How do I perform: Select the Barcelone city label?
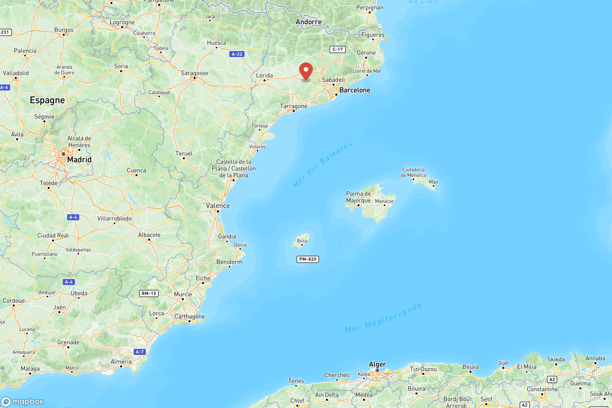pyautogui.click(x=355, y=90)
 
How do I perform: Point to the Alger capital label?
pyautogui.click(x=377, y=364)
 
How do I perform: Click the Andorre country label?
pyautogui.click(x=309, y=22)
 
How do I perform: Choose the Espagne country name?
pyautogui.click(x=47, y=100)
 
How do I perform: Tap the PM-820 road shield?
pyautogui.click(x=308, y=259)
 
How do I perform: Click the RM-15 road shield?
pyautogui.click(x=149, y=294)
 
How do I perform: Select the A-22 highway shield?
pyautogui.click(x=237, y=54)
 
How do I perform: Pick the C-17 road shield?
pyautogui.click(x=337, y=49)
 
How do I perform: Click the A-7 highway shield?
pyautogui.click(x=140, y=352)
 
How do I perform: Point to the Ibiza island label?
pyautogui.click(x=302, y=241)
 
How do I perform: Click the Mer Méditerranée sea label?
pyautogui.click(x=383, y=318)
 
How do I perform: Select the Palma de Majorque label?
pyautogui.click(x=358, y=197)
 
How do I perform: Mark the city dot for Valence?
pyautogui.click(x=218, y=211)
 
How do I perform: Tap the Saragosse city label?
pyautogui.click(x=194, y=73)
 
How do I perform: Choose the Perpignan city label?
pyautogui.click(x=370, y=8)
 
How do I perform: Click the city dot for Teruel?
pyautogui.click(x=184, y=158)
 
